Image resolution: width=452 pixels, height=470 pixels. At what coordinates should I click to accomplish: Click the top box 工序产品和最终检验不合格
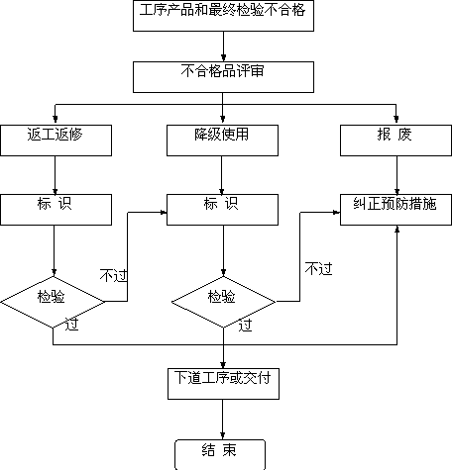point(223,16)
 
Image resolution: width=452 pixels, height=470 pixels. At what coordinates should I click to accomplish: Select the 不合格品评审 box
point(223,77)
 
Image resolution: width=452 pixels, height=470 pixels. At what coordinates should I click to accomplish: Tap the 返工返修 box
point(56,141)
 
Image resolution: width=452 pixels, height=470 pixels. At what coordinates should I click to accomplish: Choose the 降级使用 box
point(222,141)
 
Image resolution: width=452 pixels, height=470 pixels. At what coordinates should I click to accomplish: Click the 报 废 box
point(395,141)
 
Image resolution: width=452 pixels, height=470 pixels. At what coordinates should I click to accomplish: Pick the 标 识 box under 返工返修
point(56,210)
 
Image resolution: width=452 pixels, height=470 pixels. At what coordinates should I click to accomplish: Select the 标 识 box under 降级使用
point(222,210)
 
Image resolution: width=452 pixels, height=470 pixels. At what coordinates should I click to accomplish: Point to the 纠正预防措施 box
point(395,210)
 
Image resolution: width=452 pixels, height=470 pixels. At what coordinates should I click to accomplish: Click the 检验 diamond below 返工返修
point(53,302)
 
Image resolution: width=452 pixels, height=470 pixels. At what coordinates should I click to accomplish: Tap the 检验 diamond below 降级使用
point(223,302)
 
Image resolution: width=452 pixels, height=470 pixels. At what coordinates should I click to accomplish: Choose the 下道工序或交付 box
point(223,384)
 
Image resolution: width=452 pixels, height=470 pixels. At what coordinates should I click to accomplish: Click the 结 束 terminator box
point(220,454)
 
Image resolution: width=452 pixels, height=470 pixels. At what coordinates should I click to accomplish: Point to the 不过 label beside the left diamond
point(114,275)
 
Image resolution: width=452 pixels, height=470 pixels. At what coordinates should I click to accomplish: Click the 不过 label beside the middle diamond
point(318,269)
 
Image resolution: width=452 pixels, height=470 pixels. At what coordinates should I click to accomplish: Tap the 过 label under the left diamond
point(71,325)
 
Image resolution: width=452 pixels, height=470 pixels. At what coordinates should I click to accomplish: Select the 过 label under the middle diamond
point(245,326)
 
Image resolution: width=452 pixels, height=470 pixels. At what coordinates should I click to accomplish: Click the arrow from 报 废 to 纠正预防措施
point(396,175)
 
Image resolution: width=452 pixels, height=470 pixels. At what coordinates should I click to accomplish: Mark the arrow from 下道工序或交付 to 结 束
point(222,420)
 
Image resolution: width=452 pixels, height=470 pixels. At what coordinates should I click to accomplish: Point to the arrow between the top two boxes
point(223,47)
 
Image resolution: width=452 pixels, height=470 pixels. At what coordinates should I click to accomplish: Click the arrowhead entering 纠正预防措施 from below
point(396,229)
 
